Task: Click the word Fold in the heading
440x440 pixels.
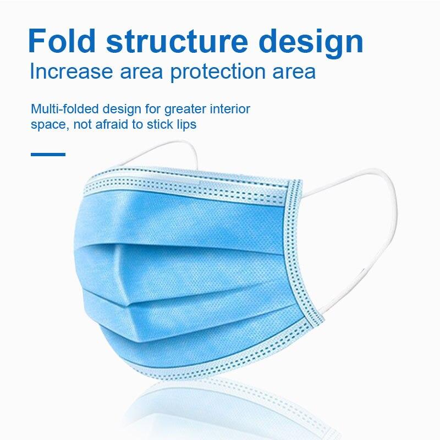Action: pyautogui.click(x=62, y=41)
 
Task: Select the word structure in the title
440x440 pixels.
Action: pyautogui.click(x=177, y=41)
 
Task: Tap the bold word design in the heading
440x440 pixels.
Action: pyautogui.click(x=311, y=43)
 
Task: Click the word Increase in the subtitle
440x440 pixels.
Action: pyautogui.click(x=71, y=71)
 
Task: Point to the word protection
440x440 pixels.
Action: pyautogui.click(x=218, y=72)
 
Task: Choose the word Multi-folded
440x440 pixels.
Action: pyautogui.click(x=64, y=109)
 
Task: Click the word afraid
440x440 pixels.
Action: pyautogui.click(x=112, y=124)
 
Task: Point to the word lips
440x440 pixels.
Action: pyautogui.click(x=186, y=125)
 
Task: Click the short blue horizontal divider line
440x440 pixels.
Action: pyautogui.click(x=48, y=155)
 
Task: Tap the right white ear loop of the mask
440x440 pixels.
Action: pyautogui.click(x=392, y=213)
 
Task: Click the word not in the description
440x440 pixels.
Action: pyautogui.click(x=82, y=125)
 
